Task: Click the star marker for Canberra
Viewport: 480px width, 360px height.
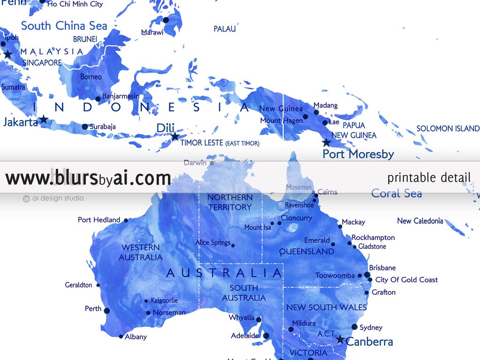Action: pos(340,339)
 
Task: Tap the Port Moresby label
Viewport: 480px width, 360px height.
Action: pos(358,154)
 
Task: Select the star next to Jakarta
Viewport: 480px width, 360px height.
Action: pos(44,120)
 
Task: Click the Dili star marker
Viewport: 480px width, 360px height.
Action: pos(174,136)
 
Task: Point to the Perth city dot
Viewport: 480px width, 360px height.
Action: pos(106,310)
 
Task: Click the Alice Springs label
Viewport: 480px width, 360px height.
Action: pos(213,243)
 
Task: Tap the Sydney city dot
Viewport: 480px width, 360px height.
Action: pos(354,327)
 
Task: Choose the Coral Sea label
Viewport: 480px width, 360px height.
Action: pos(396,193)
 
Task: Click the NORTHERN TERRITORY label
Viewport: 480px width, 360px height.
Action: pos(230,202)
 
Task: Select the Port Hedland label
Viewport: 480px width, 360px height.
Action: pos(99,220)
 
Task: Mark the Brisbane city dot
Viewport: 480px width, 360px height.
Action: pos(367,275)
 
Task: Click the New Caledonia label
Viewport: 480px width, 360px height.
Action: pos(420,221)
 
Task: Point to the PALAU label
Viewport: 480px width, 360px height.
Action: pos(225,29)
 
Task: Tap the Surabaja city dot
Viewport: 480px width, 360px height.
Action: pos(85,127)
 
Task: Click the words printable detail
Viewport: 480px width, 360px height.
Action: pos(429,178)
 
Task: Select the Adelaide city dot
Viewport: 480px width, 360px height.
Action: pos(266,336)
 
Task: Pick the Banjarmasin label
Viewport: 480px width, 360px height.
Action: pos(120,97)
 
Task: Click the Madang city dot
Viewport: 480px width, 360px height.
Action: pos(316,112)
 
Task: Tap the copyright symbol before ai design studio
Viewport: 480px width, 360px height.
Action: pos(26,198)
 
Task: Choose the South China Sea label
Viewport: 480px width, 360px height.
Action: pos(64,26)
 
